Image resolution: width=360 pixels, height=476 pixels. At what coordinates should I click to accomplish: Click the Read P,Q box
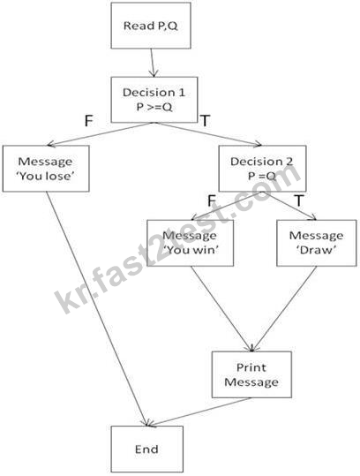coord(151,26)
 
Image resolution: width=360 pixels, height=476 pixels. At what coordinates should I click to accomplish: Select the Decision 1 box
coord(154,100)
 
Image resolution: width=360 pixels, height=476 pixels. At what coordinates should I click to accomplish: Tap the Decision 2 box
coord(262,169)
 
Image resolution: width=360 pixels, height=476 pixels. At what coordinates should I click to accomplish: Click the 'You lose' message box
coord(46,169)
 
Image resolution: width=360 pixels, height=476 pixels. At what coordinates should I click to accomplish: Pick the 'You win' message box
coord(191,243)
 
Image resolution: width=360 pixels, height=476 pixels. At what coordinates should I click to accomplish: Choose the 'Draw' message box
coord(317,243)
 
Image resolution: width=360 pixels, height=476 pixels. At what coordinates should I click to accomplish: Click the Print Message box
coord(251,374)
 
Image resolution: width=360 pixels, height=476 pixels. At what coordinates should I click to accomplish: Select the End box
coord(146,449)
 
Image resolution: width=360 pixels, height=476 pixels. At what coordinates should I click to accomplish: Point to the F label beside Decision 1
coord(88,121)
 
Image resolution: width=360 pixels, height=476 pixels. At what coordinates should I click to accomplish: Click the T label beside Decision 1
coord(205,121)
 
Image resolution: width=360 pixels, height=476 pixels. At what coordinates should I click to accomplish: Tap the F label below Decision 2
coord(212,200)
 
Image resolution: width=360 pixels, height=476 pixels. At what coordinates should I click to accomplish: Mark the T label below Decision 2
coord(299,200)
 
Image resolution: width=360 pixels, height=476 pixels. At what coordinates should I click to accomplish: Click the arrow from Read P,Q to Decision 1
coord(153,63)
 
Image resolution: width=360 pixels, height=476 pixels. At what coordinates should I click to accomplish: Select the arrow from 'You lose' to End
coord(97,309)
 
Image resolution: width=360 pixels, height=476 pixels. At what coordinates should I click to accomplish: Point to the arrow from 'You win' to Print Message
coord(221,309)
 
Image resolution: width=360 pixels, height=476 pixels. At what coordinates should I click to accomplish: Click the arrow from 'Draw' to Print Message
coord(284,309)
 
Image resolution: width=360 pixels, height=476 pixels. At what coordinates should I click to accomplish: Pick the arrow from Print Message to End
coord(199,412)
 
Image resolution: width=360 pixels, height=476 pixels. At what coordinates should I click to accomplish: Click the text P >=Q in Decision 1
coord(154,107)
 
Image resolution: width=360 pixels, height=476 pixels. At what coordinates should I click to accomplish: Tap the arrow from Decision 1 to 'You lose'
coord(100,134)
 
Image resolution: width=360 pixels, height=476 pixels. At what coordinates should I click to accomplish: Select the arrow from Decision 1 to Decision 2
coord(208,134)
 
